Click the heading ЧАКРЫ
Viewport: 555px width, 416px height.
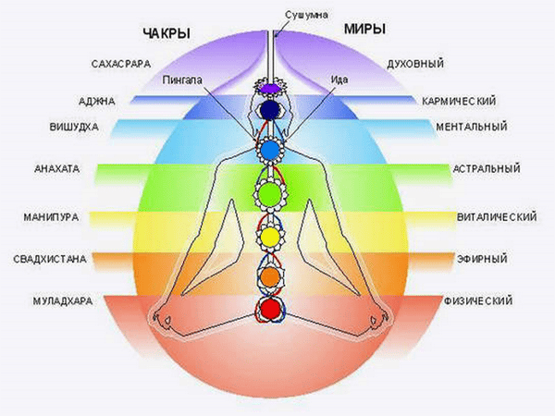coord(166,34)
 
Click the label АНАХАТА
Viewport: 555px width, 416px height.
coord(57,170)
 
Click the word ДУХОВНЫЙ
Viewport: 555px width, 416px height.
coord(416,65)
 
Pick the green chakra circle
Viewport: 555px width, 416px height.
coord(267,194)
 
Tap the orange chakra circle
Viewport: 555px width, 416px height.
coord(268,275)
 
